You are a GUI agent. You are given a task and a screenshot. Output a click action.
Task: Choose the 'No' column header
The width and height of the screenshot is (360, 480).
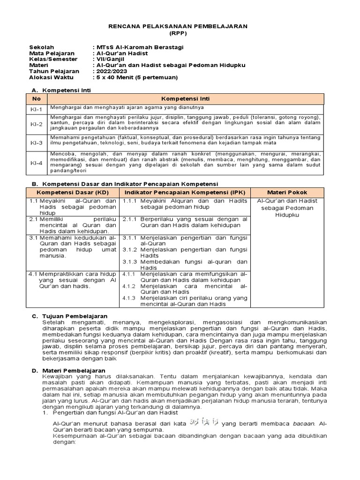(37, 99)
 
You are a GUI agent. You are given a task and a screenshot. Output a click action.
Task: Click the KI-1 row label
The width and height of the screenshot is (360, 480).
(37, 110)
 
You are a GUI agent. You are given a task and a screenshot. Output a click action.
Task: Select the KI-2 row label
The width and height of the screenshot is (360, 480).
(37, 125)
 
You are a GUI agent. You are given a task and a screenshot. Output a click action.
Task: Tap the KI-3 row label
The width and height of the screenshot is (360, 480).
(37, 142)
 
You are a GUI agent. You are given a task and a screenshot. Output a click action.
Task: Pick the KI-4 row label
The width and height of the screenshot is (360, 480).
(37, 163)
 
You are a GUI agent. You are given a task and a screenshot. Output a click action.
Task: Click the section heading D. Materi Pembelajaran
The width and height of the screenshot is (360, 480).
(71, 370)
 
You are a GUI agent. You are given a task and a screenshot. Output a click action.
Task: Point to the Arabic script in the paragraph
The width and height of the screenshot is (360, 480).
(204, 424)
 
